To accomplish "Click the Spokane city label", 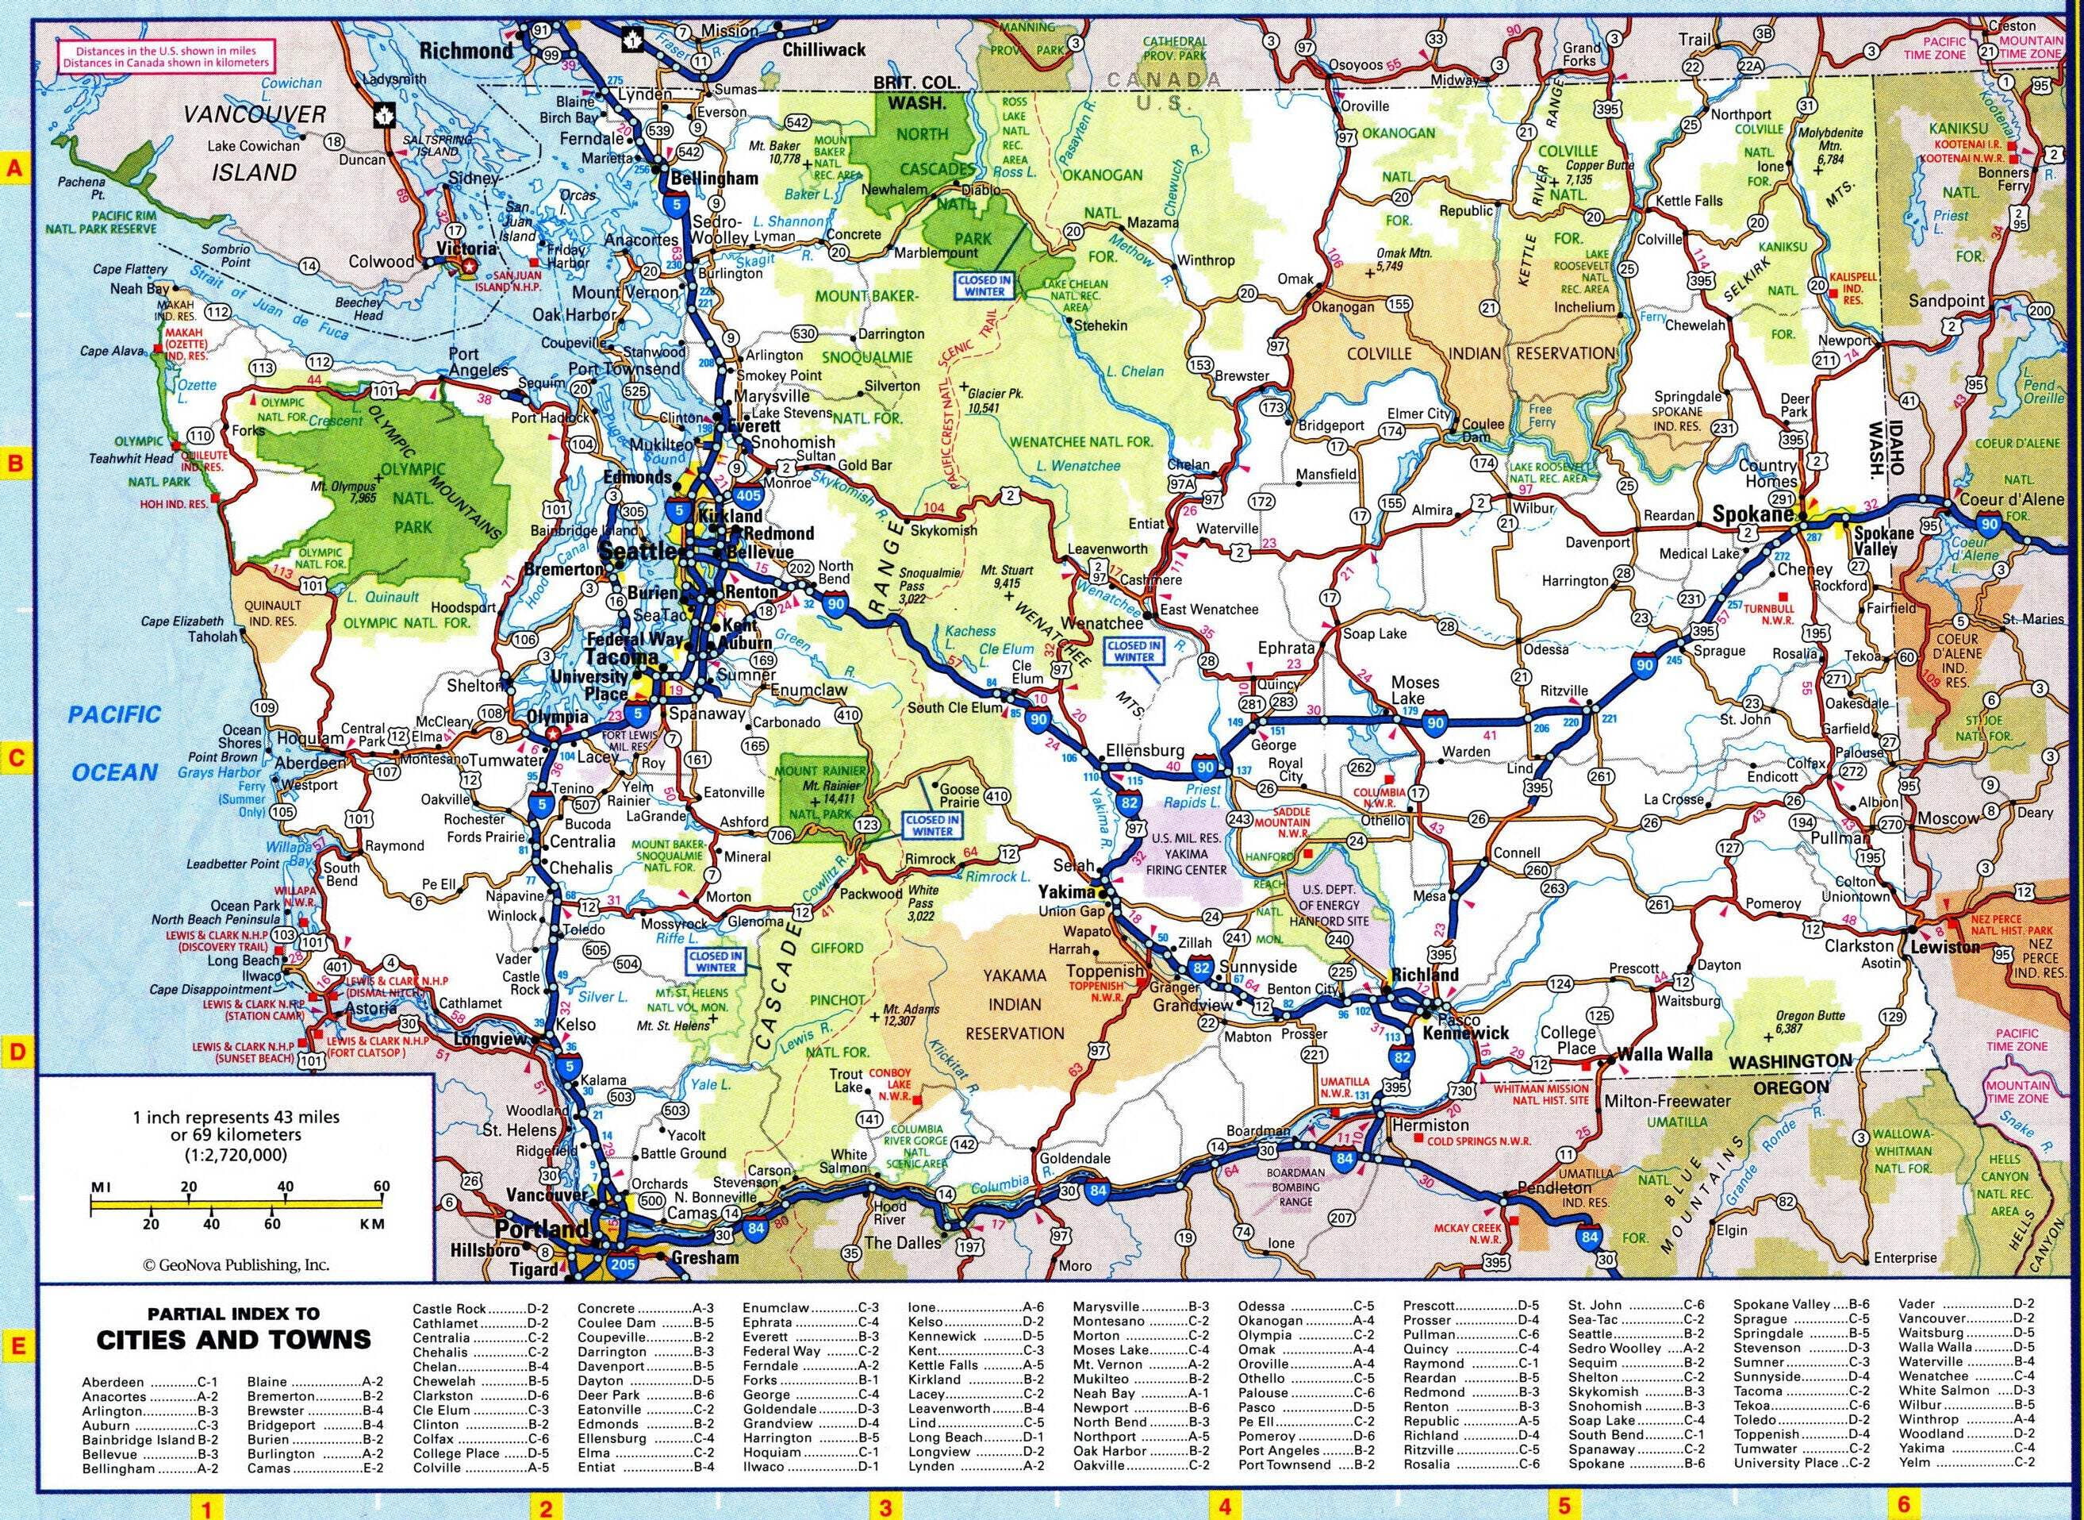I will [1752, 515].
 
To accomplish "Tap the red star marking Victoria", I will [470, 266].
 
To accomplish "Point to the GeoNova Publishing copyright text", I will [236, 1265].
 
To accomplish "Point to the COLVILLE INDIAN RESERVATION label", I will [1479, 353].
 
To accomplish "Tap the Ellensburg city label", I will [1145, 749].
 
